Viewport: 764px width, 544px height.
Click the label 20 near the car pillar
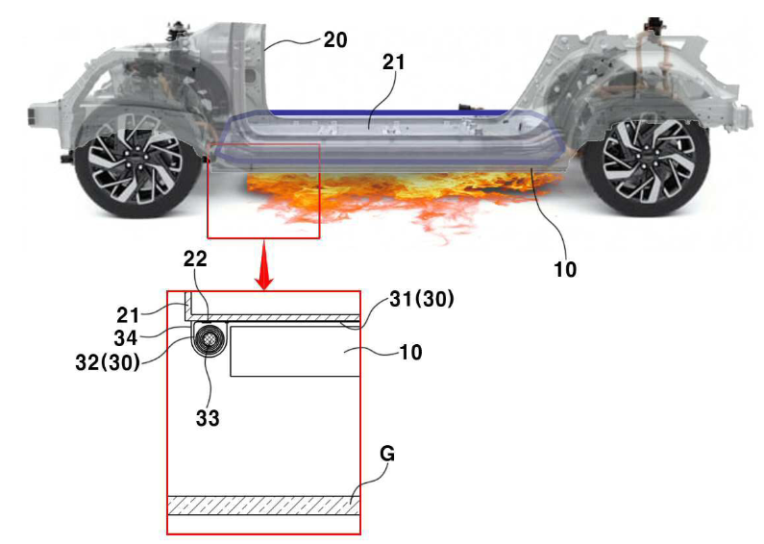pos(335,39)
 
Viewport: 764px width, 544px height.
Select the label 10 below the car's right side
pos(566,269)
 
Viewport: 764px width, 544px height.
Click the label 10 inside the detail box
pos(411,353)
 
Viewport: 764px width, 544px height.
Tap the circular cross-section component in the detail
pos(209,339)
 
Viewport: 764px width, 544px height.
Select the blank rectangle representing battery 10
pos(293,351)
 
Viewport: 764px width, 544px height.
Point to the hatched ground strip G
pos(263,506)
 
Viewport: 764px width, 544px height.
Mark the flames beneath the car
pos(384,192)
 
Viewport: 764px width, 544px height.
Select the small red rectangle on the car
pos(263,189)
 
